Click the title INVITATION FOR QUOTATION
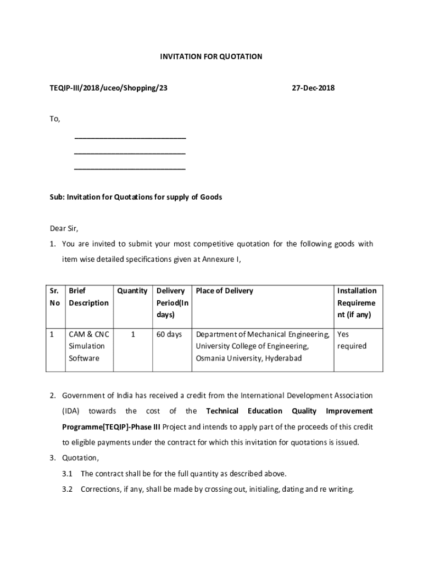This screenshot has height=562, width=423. click(211, 57)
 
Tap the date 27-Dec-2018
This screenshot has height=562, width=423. click(313, 88)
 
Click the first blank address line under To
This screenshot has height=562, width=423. click(130, 137)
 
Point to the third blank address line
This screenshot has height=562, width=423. click(130, 168)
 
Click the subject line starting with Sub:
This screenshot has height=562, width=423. click(136, 197)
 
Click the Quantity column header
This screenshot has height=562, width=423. click(132, 291)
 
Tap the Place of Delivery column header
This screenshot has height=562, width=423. click(225, 291)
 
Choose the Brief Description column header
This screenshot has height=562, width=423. click(88, 297)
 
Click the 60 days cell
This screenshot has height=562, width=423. click(169, 334)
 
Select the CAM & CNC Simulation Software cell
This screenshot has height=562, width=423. click(88, 346)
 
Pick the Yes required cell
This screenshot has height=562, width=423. click(352, 340)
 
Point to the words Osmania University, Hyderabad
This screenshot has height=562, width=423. click(249, 358)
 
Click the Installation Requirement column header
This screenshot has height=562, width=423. click(357, 303)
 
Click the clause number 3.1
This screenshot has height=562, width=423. click(68, 474)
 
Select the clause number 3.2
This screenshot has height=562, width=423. click(68, 489)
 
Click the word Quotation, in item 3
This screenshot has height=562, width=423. click(80, 458)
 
